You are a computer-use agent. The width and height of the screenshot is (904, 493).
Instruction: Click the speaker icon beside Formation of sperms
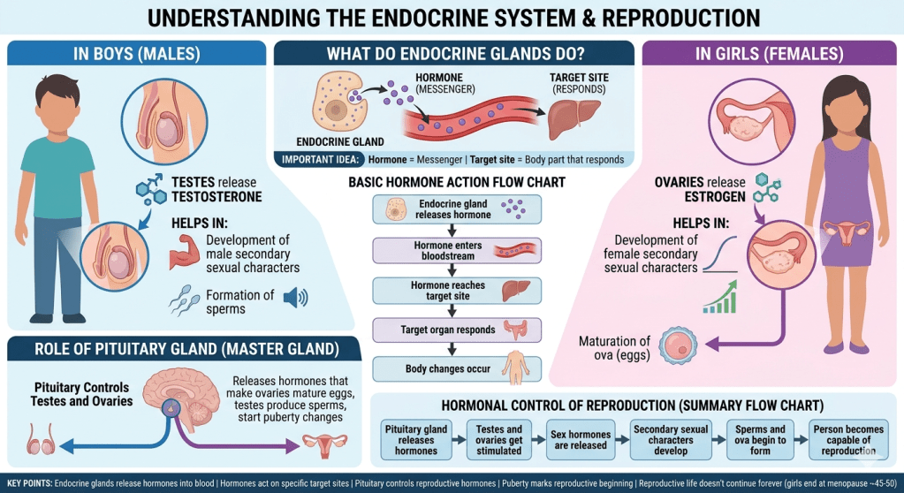[x=296, y=298]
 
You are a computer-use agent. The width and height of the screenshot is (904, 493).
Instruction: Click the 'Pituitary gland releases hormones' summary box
[x=411, y=439]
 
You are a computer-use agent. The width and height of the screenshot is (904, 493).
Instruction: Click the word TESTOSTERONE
[x=217, y=197]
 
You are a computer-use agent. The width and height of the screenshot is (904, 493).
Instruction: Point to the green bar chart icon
[x=720, y=298]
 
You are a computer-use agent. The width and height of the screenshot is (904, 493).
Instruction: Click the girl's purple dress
[x=840, y=212]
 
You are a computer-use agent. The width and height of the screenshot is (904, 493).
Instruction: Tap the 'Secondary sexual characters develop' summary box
[x=669, y=439]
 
